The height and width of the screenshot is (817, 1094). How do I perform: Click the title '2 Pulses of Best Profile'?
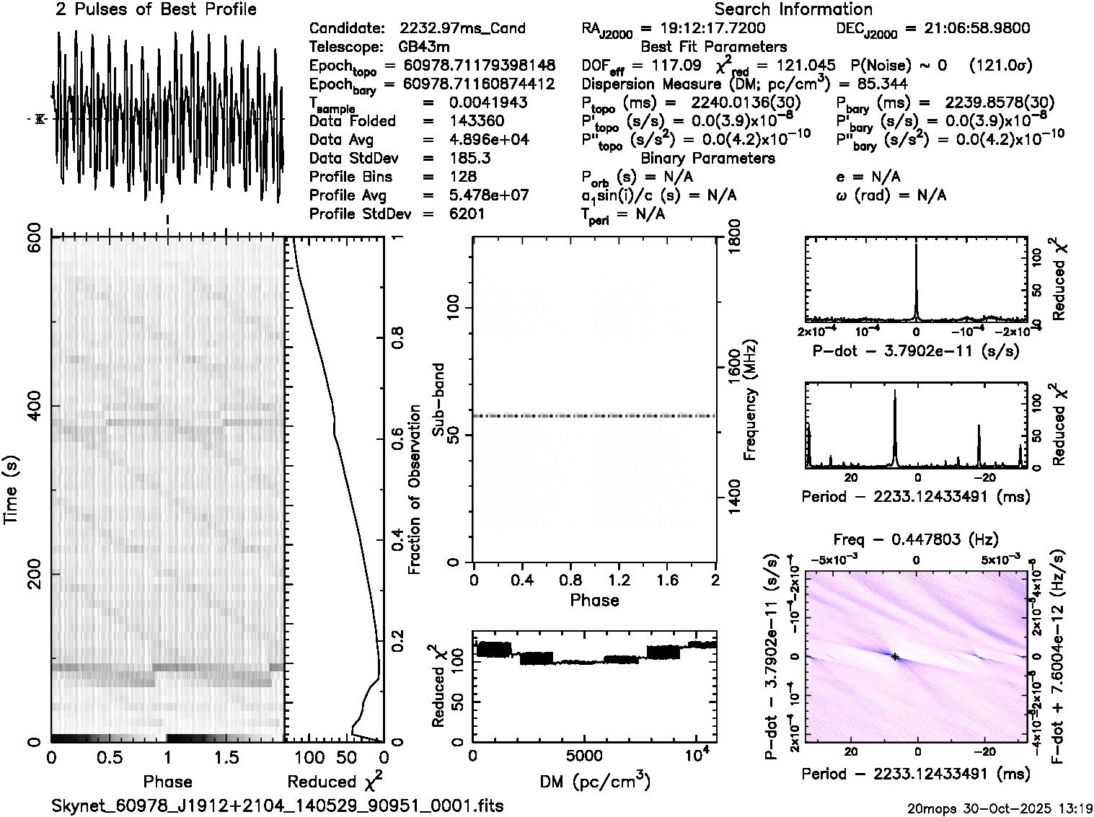(156, 9)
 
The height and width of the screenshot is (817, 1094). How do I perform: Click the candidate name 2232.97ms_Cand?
(462, 29)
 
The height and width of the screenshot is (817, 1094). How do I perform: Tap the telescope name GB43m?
(424, 48)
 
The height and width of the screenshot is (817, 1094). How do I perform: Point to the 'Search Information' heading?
(793, 9)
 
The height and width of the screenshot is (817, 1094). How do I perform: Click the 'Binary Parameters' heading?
(707, 158)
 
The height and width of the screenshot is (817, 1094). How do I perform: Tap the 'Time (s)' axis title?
(12, 490)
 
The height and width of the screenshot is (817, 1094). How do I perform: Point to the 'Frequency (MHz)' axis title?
(750, 399)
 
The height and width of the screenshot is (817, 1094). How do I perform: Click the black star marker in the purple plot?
(895, 657)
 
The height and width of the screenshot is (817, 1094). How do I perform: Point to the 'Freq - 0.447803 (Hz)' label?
(916, 539)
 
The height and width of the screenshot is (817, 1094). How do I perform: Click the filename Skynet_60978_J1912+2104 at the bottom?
(278, 805)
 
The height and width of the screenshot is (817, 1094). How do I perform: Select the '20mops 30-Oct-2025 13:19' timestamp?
(1001, 808)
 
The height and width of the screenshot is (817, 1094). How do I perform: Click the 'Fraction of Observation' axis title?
(415, 490)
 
